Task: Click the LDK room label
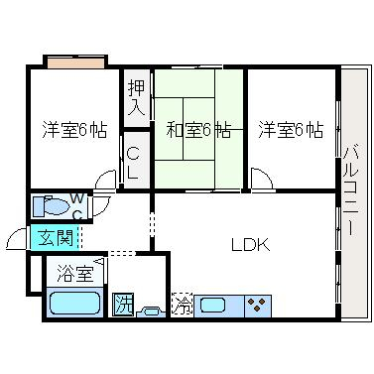(250, 245)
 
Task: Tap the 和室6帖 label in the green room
(198, 130)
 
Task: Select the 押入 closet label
(137, 98)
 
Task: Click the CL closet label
(133, 164)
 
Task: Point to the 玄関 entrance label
(56, 238)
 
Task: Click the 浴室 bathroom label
(75, 273)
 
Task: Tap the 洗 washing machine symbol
(123, 305)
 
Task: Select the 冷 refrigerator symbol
(182, 305)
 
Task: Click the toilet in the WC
(52, 206)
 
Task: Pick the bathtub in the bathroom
(74, 303)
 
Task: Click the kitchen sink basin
(213, 305)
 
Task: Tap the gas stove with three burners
(258, 306)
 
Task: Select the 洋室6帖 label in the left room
(74, 130)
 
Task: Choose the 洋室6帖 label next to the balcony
(291, 130)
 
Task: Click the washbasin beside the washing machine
(151, 312)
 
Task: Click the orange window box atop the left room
(75, 62)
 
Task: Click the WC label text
(77, 206)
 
